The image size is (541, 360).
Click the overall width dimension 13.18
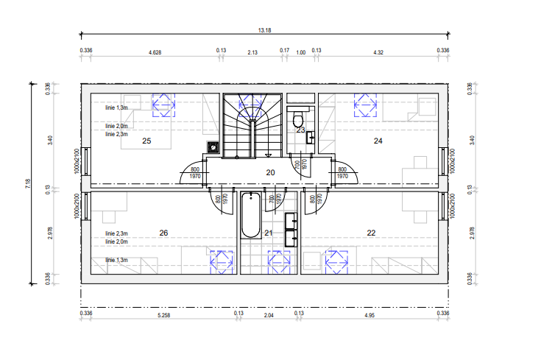click(265, 30)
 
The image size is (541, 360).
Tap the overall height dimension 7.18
click(28, 183)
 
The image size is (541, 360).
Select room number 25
click(146, 141)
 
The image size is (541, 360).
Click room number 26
click(163, 233)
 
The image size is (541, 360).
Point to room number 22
click(371, 233)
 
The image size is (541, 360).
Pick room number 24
click(378, 141)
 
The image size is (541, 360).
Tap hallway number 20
click(271, 172)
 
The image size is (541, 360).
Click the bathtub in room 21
click(251, 216)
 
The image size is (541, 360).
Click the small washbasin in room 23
click(311, 138)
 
